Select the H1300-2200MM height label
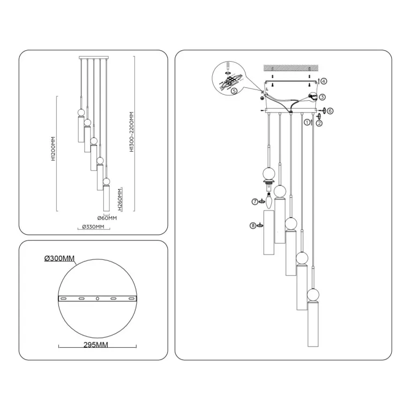coord(131,132)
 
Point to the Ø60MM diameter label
coord(107,218)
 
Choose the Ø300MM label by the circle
coord(59,259)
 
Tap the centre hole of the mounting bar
coord(97,298)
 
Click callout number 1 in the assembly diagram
coord(308,122)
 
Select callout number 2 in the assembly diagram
coord(319,123)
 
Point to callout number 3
coord(323,98)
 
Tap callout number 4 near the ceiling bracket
coord(324,81)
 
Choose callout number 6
coord(330,111)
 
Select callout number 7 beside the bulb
coord(255,201)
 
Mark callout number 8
coord(253,226)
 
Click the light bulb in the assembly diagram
coord(268,202)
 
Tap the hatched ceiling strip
coord(291,67)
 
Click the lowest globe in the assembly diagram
coord(313,295)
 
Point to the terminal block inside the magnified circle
coord(231,80)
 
